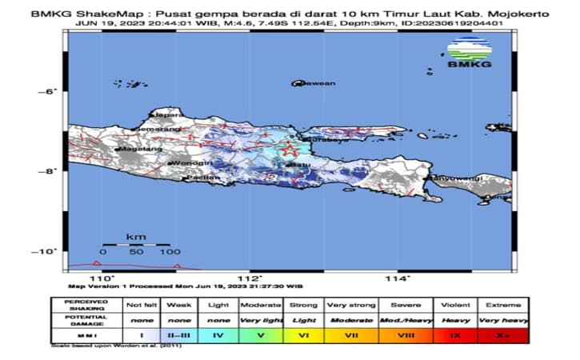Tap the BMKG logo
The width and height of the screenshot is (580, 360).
click(x=469, y=53)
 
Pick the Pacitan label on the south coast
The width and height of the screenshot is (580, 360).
click(x=205, y=177)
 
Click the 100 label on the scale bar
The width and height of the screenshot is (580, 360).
click(x=170, y=252)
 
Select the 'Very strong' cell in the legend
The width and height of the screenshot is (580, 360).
click(x=346, y=305)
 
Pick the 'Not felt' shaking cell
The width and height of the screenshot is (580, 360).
click(x=142, y=305)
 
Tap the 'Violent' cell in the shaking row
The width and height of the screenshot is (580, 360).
click(x=456, y=305)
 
